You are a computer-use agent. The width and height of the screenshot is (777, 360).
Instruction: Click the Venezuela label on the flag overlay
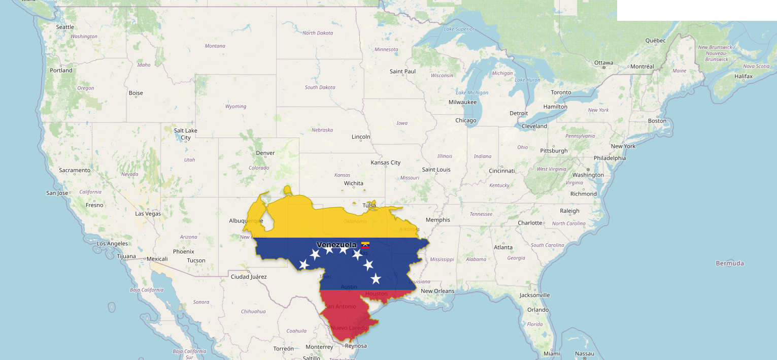click(336, 245)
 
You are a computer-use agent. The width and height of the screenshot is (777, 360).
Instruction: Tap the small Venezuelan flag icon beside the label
click(365, 245)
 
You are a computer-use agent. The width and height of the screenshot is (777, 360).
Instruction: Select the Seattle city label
click(65, 27)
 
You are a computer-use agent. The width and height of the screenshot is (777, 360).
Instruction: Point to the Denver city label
click(265, 153)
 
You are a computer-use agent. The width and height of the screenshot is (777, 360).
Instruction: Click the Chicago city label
click(466, 120)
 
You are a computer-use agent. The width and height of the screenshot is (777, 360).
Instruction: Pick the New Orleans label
click(437, 291)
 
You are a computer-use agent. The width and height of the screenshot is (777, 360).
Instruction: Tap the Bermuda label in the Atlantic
click(730, 263)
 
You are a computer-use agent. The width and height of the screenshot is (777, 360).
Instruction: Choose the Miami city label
click(552, 353)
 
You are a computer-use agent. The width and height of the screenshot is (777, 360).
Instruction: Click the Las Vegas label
click(148, 214)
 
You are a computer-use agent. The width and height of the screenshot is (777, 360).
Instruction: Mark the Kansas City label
click(386, 162)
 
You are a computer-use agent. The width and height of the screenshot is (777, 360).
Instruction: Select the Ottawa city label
click(603, 63)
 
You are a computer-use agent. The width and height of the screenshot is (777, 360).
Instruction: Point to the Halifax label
click(744, 76)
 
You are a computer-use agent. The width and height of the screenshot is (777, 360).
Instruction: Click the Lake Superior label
click(459, 29)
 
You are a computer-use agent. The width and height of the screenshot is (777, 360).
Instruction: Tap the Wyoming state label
click(235, 107)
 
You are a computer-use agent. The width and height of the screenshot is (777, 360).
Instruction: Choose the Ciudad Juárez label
click(249, 277)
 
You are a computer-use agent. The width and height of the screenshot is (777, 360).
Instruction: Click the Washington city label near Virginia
click(588, 175)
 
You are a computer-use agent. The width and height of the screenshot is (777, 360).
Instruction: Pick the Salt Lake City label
click(186, 134)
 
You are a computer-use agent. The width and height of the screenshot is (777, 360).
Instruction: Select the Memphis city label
click(438, 220)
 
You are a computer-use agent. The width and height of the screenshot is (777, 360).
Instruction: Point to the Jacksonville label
click(535, 295)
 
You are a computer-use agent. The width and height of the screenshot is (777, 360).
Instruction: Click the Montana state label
click(215, 46)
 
